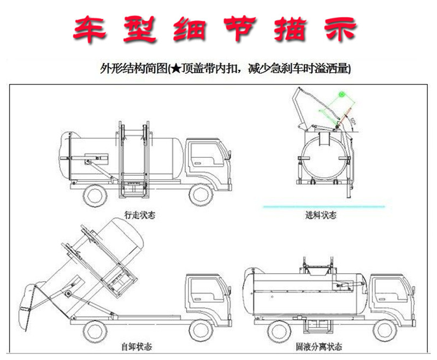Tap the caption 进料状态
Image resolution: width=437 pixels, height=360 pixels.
click(x=321, y=215)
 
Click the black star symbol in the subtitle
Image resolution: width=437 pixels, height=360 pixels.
click(x=174, y=69)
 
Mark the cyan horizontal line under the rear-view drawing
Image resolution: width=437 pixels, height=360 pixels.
click(x=323, y=206)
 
